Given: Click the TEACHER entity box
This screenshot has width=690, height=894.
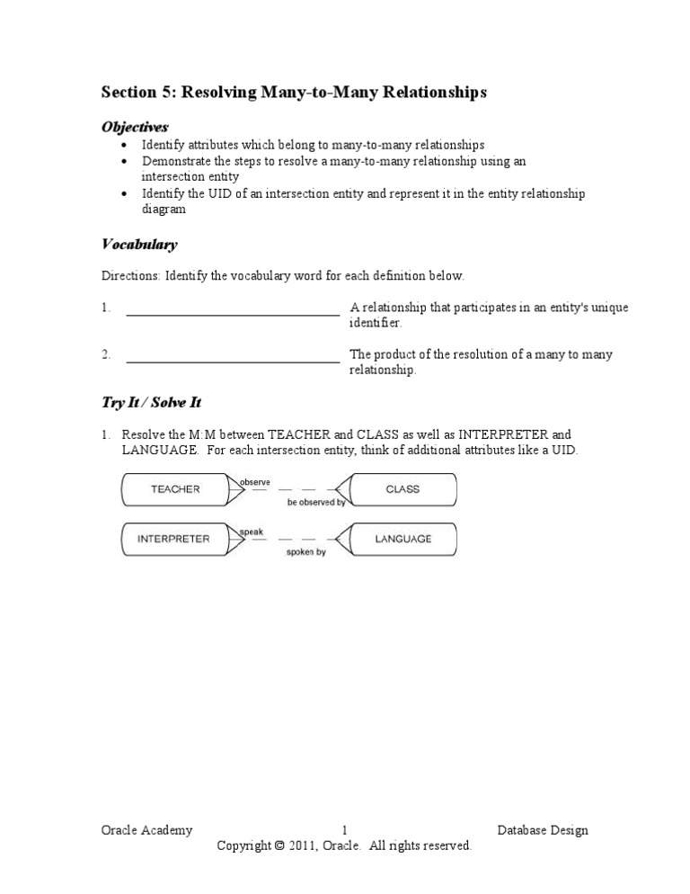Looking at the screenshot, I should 175,489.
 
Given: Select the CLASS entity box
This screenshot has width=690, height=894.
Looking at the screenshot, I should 402,489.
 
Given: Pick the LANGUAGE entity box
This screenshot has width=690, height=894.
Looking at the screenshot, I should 402,539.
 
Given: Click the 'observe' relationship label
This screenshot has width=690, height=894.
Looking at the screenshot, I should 255,482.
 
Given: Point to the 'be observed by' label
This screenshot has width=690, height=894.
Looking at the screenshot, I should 316,503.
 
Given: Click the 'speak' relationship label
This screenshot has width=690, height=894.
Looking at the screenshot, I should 251,532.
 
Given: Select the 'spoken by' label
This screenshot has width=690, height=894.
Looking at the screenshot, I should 306,552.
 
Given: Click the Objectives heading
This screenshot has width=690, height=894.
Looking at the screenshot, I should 135,127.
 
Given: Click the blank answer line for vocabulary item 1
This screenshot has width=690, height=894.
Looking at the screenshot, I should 233,315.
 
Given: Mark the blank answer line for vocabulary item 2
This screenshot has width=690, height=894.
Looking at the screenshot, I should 233,362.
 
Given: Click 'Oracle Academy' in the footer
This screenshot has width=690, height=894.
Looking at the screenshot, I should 146,830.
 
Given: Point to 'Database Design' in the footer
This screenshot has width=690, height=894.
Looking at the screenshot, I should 543,830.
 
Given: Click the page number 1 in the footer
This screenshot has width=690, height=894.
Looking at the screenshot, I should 345,830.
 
